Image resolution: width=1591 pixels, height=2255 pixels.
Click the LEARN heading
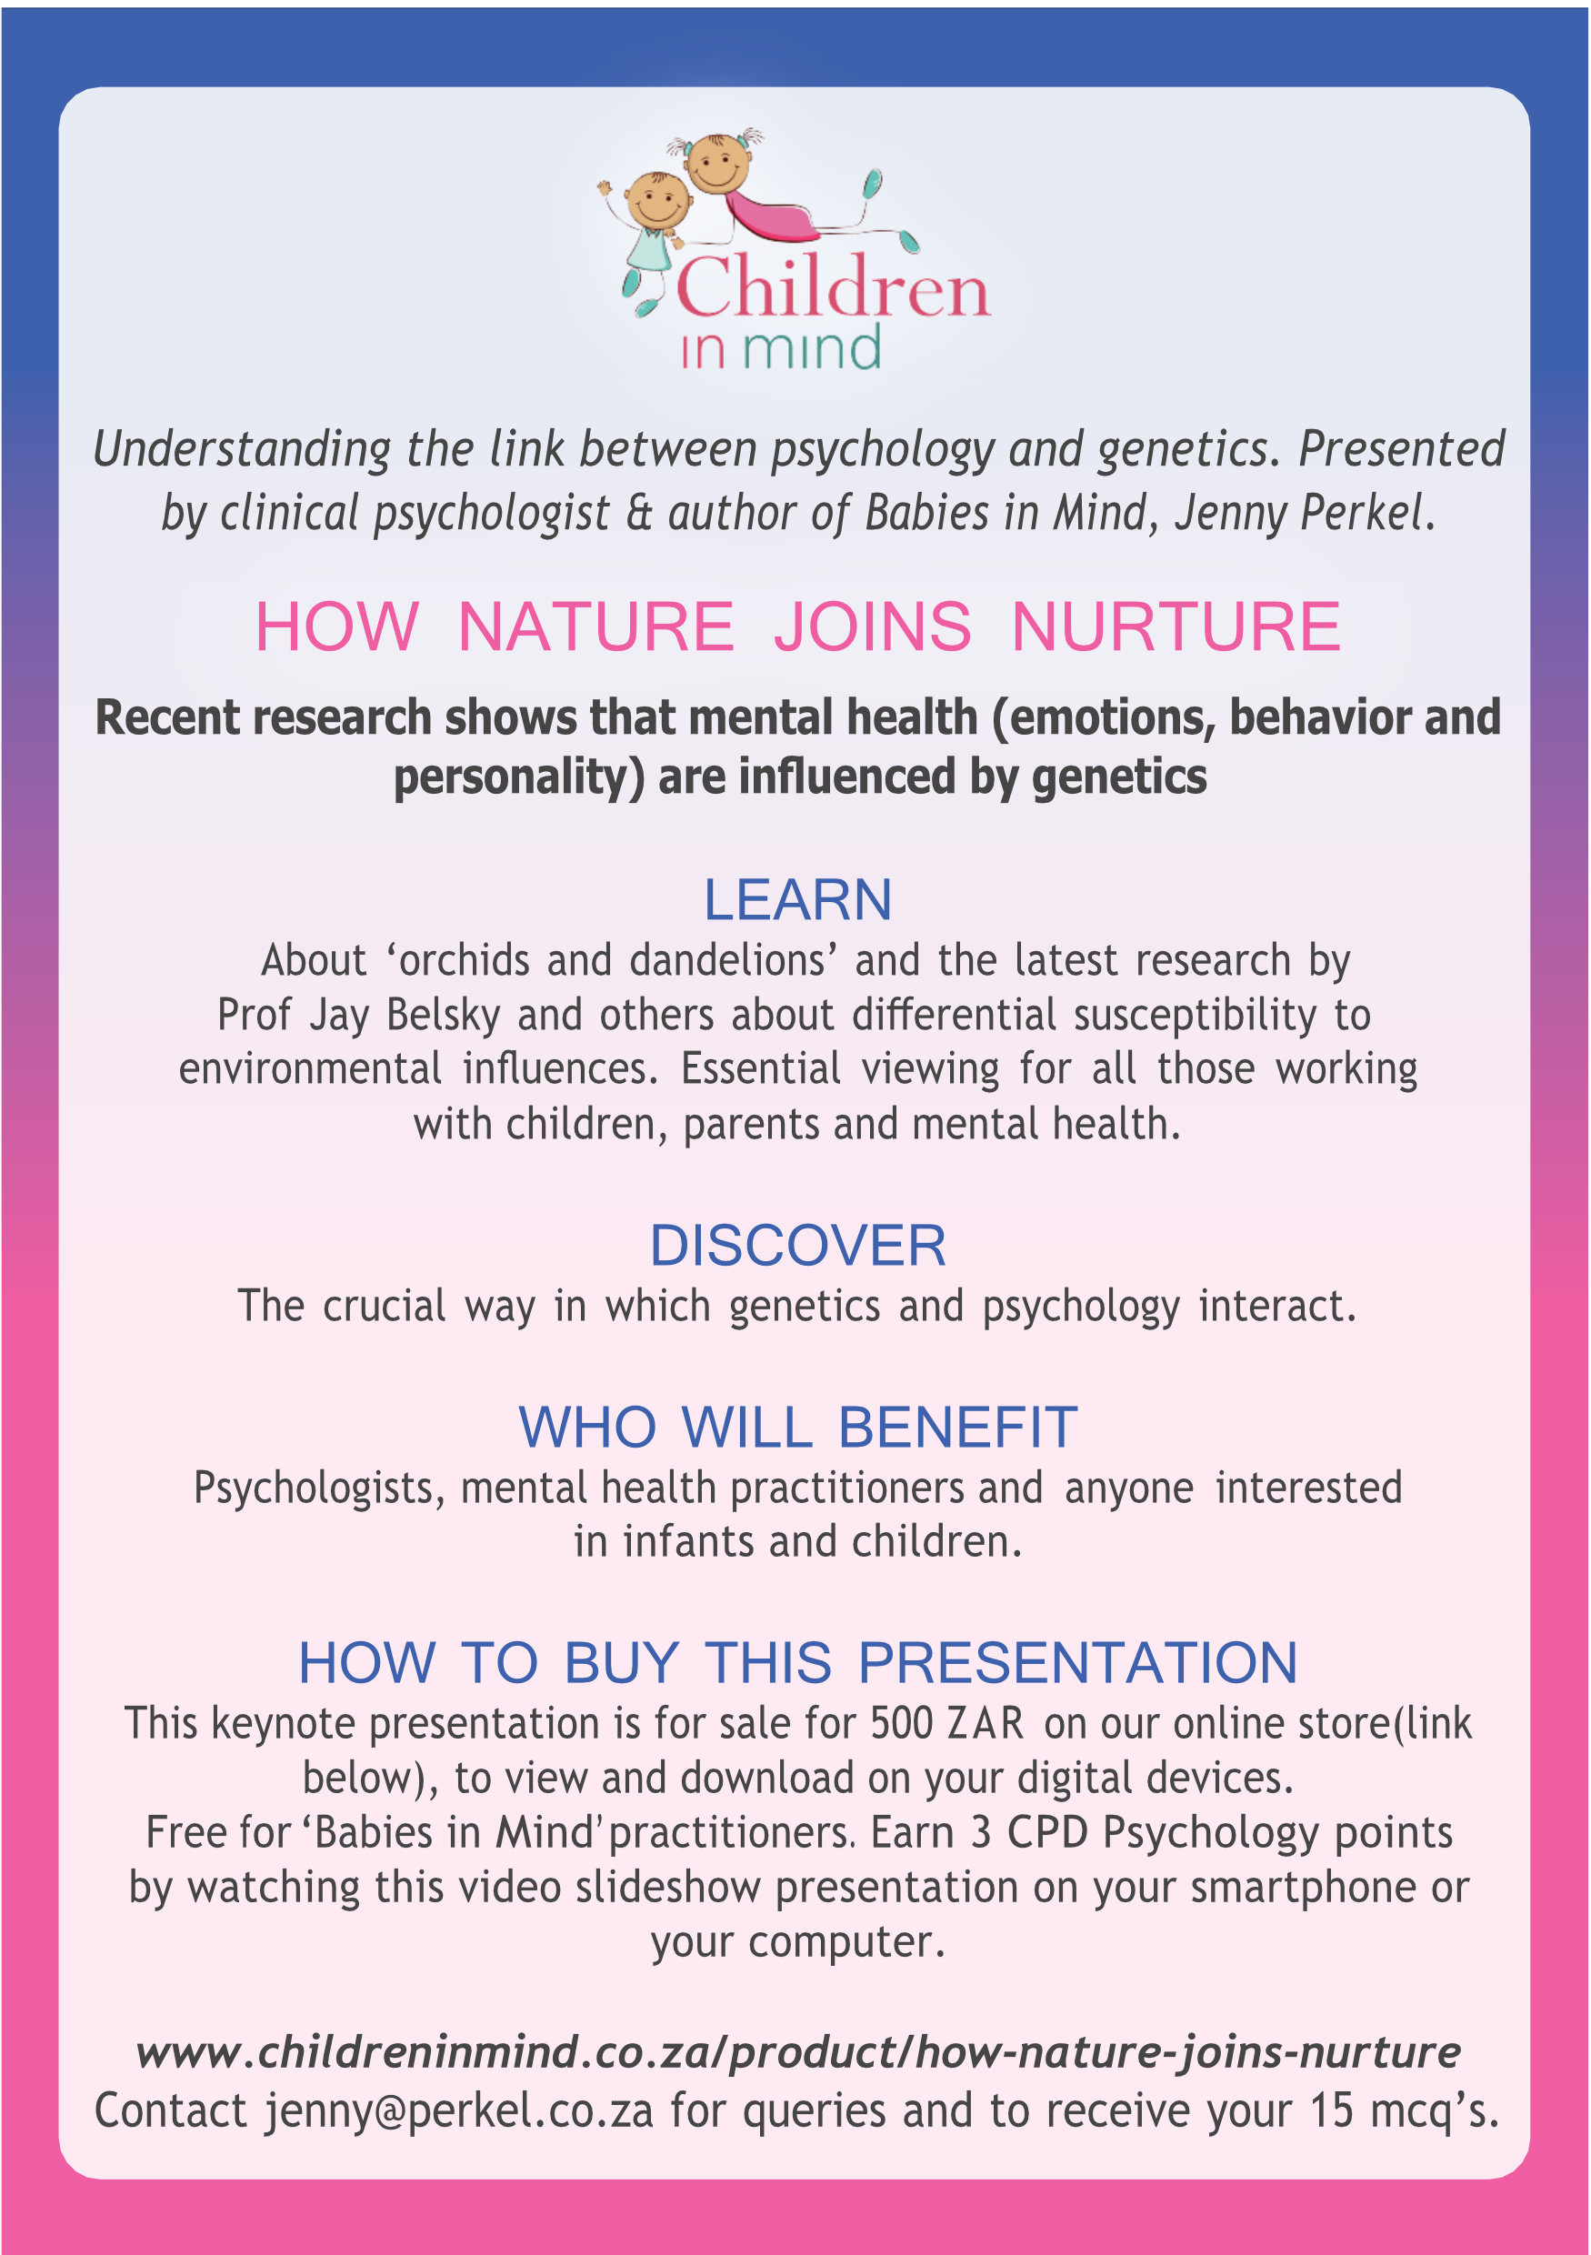click(x=797, y=899)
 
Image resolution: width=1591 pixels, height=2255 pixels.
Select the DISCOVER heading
click(x=797, y=1246)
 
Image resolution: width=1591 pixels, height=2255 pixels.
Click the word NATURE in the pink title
click(x=596, y=626)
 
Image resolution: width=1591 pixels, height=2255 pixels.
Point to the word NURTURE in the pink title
click(x=1176, y=626)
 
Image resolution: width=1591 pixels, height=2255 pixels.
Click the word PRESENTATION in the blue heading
click(x=1077, y=1663)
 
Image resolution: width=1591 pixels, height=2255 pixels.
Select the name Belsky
click(x=443, y=1016)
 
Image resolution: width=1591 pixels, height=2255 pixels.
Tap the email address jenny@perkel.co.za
click(x=458, y=2110)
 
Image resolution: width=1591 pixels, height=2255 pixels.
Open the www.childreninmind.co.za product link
click(x=797, y=2051)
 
